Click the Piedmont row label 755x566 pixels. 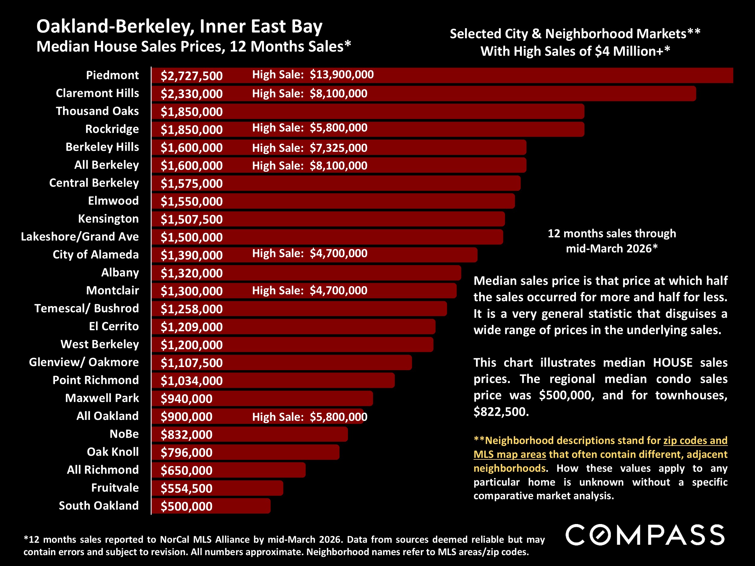[112, 75]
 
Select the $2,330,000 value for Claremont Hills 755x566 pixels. [191, 94]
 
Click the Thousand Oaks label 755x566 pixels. [97, 111]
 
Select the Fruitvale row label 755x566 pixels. [115, 488]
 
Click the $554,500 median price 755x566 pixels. [186, 488]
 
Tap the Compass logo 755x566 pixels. [645, 535]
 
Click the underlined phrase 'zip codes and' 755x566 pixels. [695, 440]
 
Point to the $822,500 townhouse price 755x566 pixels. [501, 412]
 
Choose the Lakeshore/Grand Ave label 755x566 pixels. [80, 236]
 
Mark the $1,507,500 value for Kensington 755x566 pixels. [191, 219]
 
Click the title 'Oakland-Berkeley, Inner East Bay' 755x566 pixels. [179, 27]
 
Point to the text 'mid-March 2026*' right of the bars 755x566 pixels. [611, 248]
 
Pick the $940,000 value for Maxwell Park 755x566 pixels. [186, 398]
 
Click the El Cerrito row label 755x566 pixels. [114, 326]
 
